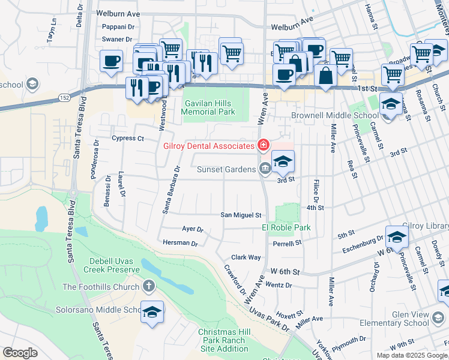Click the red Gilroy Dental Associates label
(x=208, y=146)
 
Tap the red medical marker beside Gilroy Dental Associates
(x=262, y=145)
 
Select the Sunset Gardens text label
(x=226, y=169)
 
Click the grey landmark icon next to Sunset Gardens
(x=264, y=169)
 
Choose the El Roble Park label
(x=286, y=227)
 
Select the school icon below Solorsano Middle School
(x=152, y=312)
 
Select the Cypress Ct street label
(x=128, y=139)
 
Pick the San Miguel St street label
(x=241, y=215)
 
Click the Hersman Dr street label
(x=180, y=243)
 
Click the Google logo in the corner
(x=20, y=353)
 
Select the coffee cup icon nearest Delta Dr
(x=112, y=61)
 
